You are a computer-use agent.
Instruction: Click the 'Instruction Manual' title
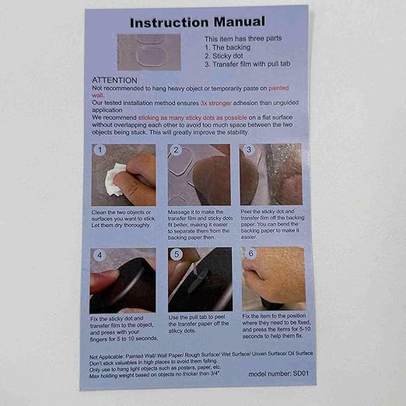(x=198, y=21)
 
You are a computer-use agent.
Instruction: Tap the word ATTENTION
(x=115, y=80)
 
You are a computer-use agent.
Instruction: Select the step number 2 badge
(x=176, y=150)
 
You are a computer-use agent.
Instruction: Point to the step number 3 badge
(x=249, y=149)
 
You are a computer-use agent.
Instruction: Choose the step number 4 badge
(x=98, y=255)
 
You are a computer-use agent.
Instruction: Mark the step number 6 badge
(x=250, y=254)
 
